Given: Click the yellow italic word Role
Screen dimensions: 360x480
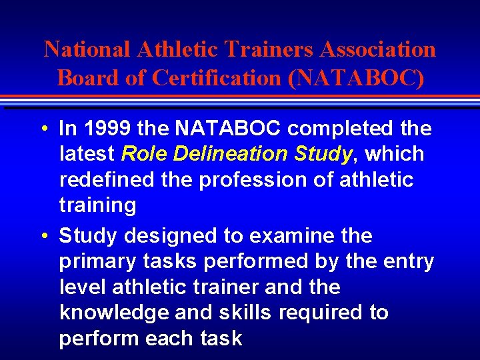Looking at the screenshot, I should coord(143,154).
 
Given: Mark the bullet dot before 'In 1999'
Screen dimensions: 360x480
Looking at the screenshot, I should coord(42,128).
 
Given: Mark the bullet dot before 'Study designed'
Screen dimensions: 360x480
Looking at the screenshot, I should coord(42,236).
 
